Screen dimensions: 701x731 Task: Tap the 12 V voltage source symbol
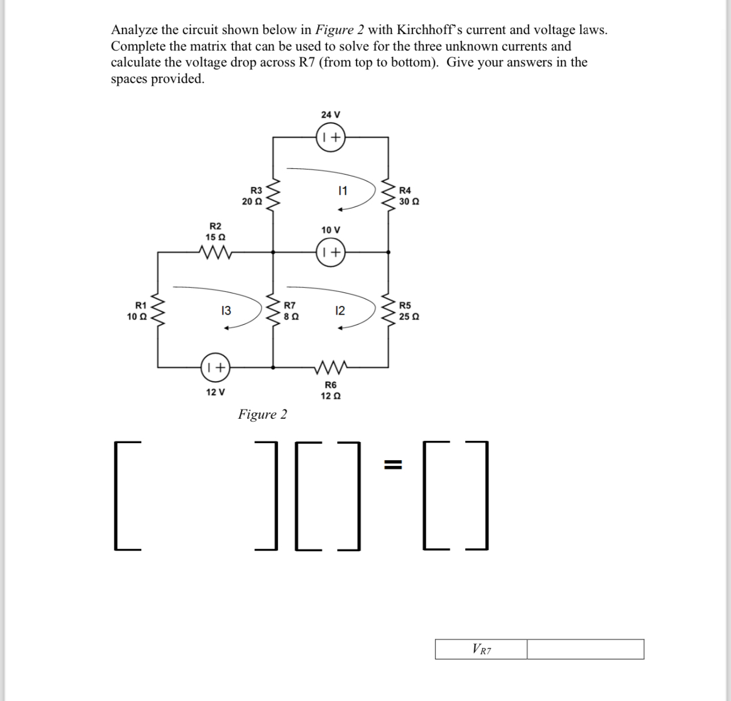click(215, 367)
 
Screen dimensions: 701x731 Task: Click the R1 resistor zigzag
click(157, 310)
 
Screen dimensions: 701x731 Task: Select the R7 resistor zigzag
click(273, 310)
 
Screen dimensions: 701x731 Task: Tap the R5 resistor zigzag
click(389, 310)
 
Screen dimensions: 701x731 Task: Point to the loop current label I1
click(343, 191)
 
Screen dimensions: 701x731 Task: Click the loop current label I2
click(340, 311)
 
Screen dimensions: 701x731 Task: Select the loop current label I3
click(225, 311)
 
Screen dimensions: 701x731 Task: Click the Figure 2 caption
click(262, 414)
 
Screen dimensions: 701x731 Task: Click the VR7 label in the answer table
click(481, 649)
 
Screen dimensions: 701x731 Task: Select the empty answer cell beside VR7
click(585, 649)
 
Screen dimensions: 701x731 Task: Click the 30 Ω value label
click(410, 201)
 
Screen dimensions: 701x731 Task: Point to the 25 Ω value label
click(410, 316)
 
